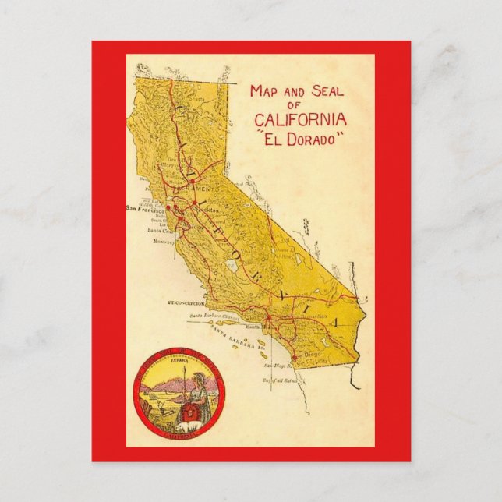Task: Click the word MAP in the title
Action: (x=263, y=91)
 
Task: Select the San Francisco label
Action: (x=146, y=208)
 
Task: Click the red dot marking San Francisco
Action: (x=168, y=209)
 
